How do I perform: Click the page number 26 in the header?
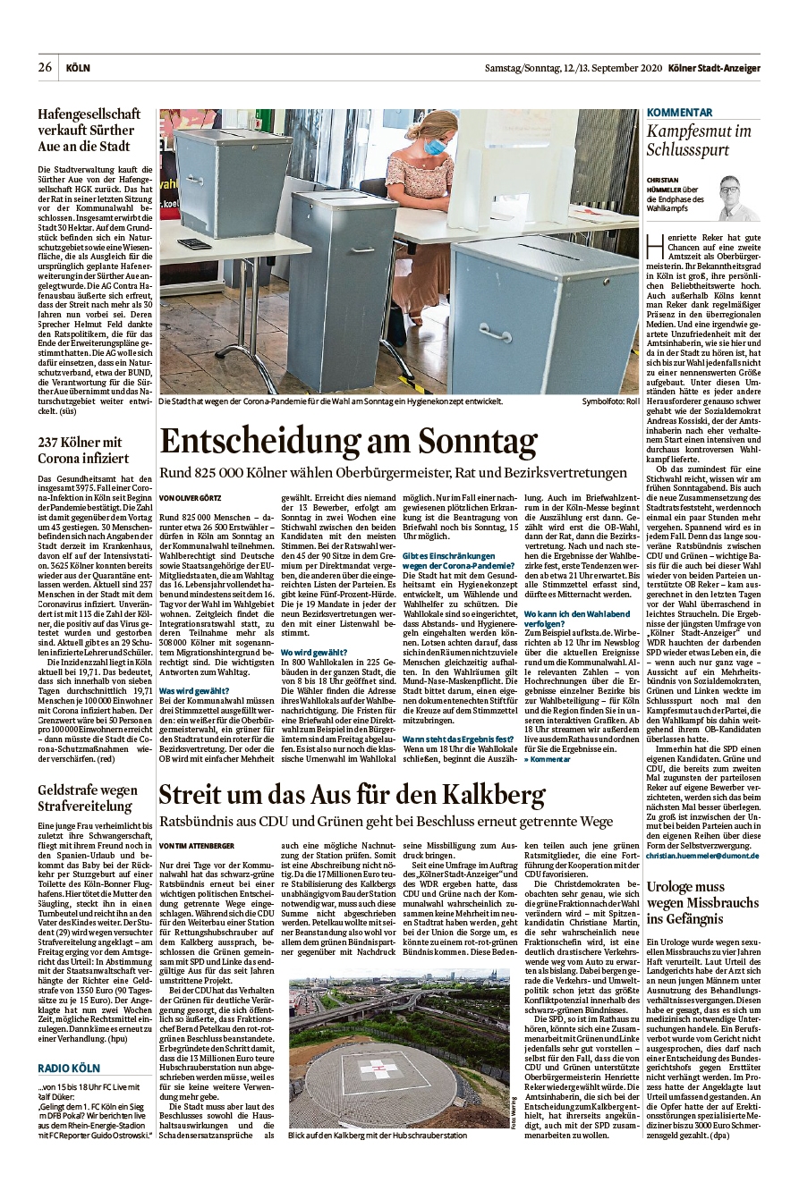coord(44,68)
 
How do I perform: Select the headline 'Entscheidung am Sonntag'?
coord(348,442)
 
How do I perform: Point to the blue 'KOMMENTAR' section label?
coord(680,113)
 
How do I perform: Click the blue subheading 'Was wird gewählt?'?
coord(194,691)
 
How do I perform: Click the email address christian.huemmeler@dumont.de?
coord(702,856)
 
